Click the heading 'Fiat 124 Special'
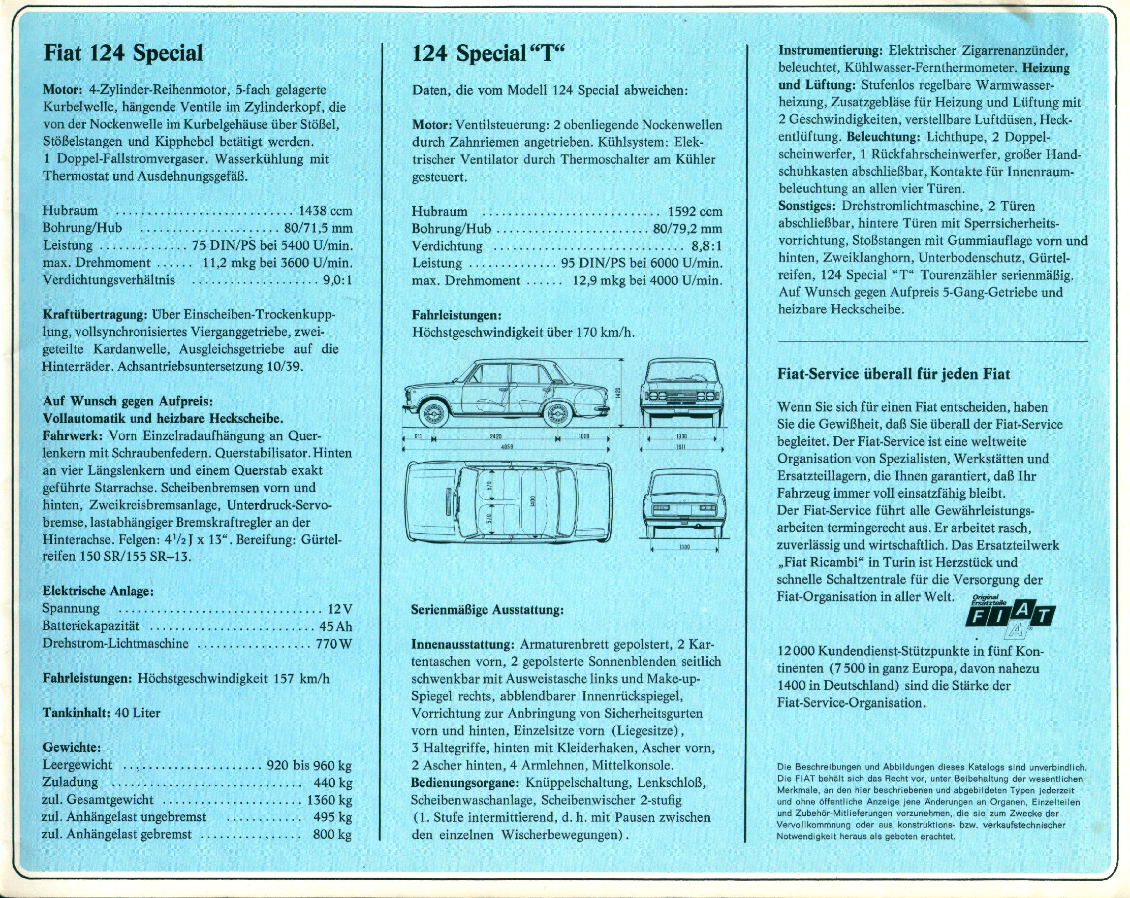tap(123, 53)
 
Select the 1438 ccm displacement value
tap(326, 211)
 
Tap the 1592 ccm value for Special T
tap(695, 212)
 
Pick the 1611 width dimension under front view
tap(681, 447)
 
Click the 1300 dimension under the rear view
tap(684, 547)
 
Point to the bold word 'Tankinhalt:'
tap(76, 713)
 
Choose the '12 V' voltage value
tap(339, 609)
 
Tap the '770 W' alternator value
tap(334, 644)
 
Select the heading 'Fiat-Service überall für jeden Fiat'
tap(894, 374)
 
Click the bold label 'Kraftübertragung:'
tap(95, 315)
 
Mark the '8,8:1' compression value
tap(706, 246)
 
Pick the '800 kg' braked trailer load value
tap(332, 834)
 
